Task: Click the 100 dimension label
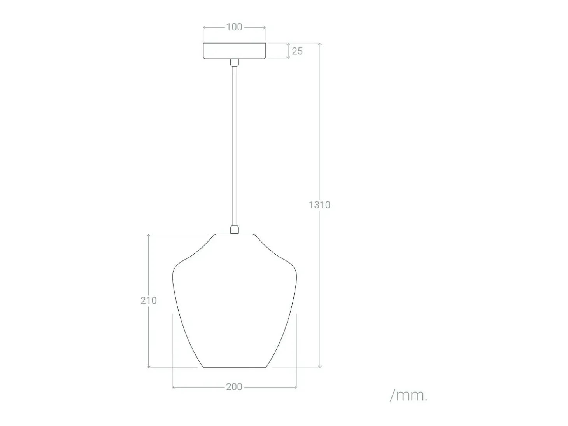tap(234, 27)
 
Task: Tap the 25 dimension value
tap(297, 51)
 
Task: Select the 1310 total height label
tap(319, 205)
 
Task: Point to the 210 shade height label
tap(149, 300)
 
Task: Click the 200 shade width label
tap(234, 387)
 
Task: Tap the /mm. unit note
tap(408, 396)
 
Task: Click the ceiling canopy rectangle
tap(234, 51)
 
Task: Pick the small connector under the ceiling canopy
tap(235, 62)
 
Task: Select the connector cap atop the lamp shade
tap(235, 229)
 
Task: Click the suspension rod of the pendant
tap(235, 145)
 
